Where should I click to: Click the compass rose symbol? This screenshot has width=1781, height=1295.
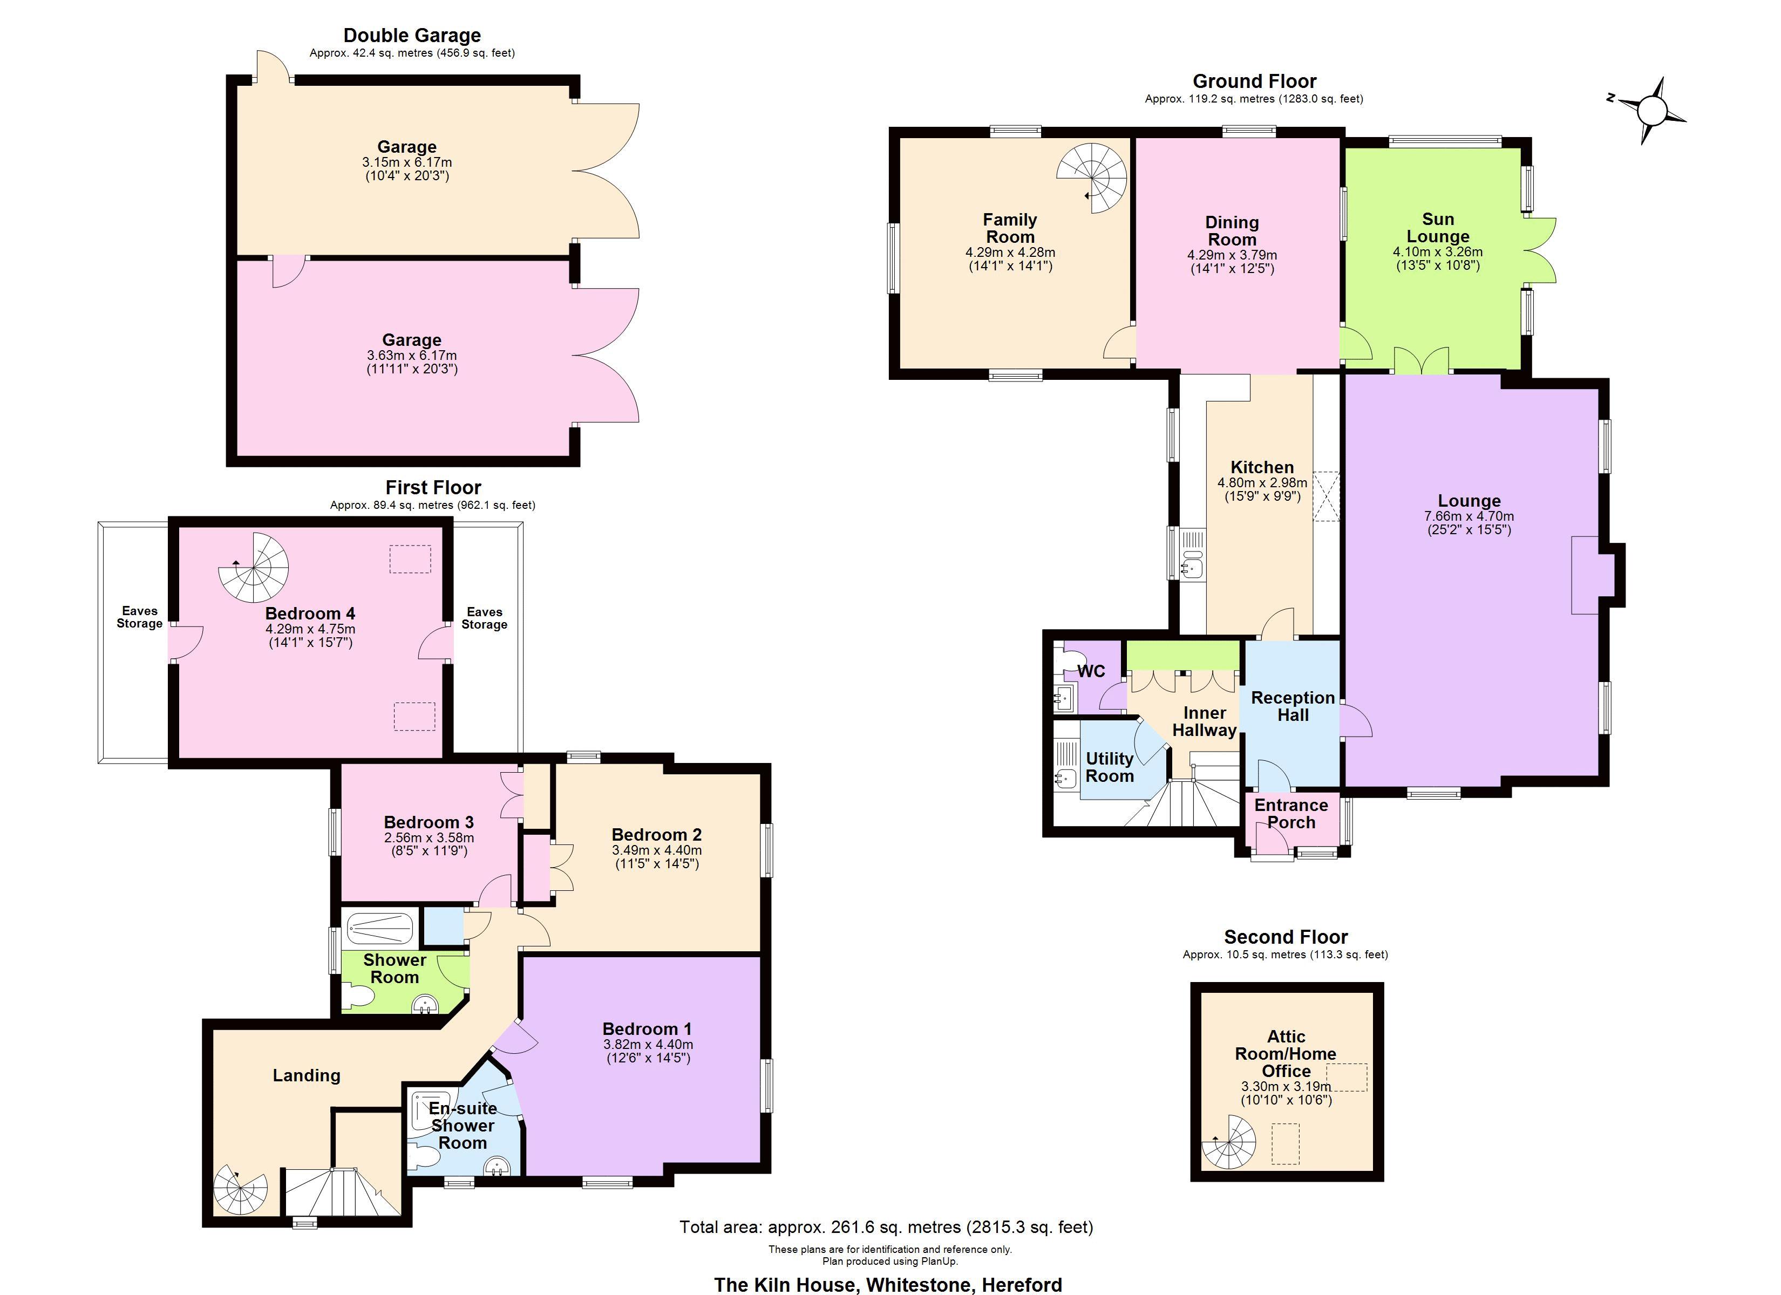click(x=1651, y=111)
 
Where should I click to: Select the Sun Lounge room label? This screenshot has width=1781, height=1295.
click(x=1437, y=228)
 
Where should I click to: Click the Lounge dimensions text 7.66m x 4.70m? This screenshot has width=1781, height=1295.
click(x=1469, y=516)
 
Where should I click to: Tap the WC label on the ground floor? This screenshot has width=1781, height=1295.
click(x=1091, y=671)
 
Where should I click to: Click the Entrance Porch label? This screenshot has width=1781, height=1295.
click(x=1290, y=814)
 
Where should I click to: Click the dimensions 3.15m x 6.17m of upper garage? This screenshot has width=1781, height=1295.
click(x=407, y=162)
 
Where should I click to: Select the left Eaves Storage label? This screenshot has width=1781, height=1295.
click(x=139, y=617)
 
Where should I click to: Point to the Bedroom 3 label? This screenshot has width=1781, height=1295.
click(x=428, y=822)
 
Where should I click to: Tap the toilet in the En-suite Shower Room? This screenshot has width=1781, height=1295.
click(x=424, y=1158)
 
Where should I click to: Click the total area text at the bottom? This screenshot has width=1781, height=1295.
click(x=886, y=1226)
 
